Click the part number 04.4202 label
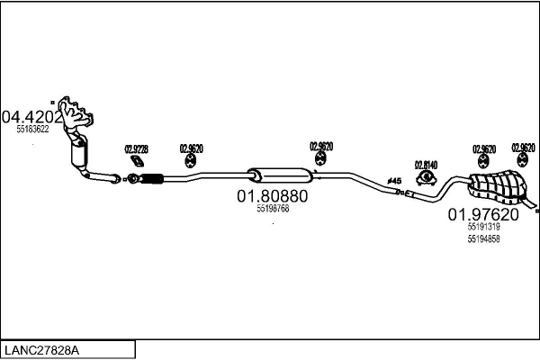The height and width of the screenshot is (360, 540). click(32, 117)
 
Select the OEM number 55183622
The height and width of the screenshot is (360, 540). click(32, 130)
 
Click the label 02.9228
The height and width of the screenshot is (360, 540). click(136, 149)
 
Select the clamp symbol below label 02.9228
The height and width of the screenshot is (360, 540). click(137, 161)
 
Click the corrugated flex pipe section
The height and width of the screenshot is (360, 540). click(150, 178)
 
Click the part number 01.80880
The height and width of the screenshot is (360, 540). click(272, 195)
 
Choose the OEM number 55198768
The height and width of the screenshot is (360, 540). click(272, 209)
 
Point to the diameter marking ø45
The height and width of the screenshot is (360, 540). click(394, 182)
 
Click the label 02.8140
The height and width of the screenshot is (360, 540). click(425, 165)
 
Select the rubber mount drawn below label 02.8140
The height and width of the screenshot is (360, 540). click(425, 178)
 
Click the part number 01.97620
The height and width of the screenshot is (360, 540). click(483, 215)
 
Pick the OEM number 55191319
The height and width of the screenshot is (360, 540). click(483, 228)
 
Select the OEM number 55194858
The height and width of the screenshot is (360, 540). click(483, 238)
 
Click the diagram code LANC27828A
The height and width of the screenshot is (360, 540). click(41, 349)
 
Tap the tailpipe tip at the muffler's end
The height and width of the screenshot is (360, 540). click(535, 211)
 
